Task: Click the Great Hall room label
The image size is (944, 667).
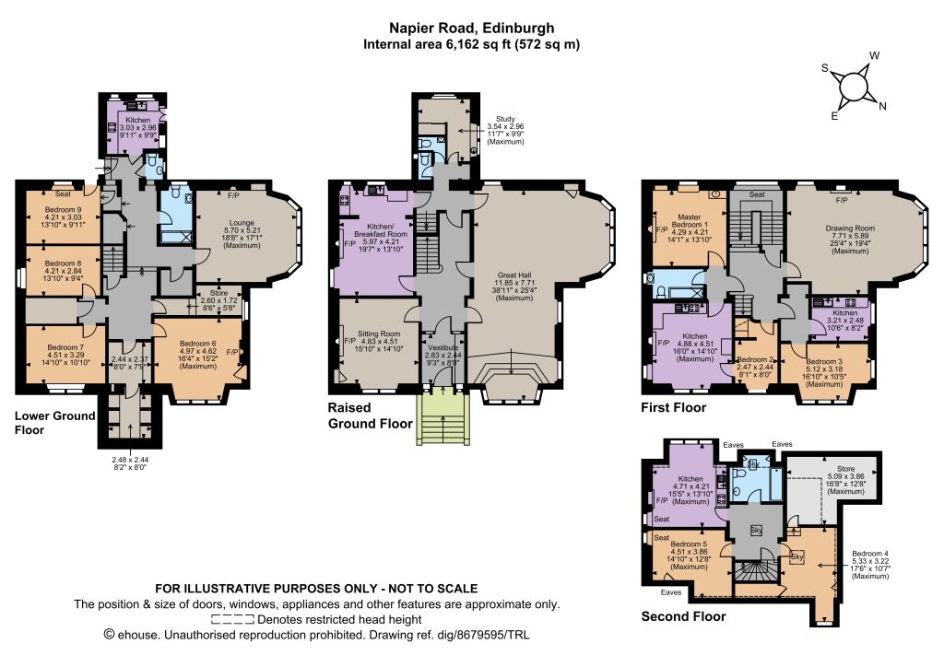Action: pyautogui.click(x=514, y=275)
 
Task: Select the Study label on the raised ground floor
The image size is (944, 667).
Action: pyautogui.click(x=505, y=119)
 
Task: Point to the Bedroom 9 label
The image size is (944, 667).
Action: pyautogui.click(x=64, y=209)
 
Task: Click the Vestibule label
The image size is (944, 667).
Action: pyautogui.click(x=443, y=347)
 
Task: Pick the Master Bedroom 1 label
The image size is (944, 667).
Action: pyautogui.click(x=690, y=221)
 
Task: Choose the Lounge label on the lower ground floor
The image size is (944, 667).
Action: pyautogui.click(x=242, y=223)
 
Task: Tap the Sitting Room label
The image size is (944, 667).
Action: pyautogui.click(x=379, y=333)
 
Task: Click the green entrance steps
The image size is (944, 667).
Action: pyautogui.click(x=443, y=419)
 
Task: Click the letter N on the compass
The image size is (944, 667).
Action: pyautogui.click(x=882, y=107)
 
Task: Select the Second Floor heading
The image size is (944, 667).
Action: pyautogui.click(x=683, y=616)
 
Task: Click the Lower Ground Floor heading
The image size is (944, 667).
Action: pyautogui.click(x=54, y=423)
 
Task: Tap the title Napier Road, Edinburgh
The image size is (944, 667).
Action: pyautogui.click(x=471, y=28)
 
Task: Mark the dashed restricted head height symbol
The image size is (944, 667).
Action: pyautogui.click(x=232, y=619)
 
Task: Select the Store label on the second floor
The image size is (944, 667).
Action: pyautogui.click(x=845, y=469)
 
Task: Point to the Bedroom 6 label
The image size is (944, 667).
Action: pyautogui.click(x=198, y=344)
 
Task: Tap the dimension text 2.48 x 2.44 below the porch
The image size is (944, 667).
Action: pyautogui.click(x=129, y=460)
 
